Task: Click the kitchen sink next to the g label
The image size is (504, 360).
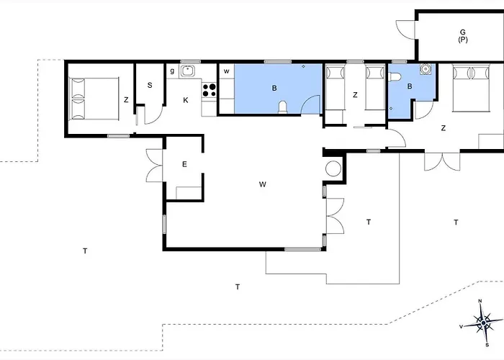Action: click(x=187, y=71)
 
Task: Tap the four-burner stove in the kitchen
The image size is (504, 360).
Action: click(x=210, y=90)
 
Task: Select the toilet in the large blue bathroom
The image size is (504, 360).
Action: click(x=282, y=107)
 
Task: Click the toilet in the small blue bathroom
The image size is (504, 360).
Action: click(x=395, y=77)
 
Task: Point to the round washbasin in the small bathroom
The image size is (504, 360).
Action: click(x=426, y=69)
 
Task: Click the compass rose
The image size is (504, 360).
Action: click(x=483, y=323)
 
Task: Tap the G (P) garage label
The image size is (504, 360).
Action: click(x=463, y=36)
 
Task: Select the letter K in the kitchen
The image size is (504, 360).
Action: click(x=186, y=100)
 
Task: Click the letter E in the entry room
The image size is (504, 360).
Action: click(x=184, y=164)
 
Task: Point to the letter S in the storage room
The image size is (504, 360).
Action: click(x=150, y=85)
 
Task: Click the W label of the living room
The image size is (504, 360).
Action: click(x=263, y=184)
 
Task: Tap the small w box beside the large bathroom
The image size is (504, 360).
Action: click(x=226, y=71)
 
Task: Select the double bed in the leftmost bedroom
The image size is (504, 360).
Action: click(x=94, y=99)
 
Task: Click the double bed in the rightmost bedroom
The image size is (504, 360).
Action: click(x=471, y=88)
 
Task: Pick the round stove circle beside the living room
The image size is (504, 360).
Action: click(x=333, y=168)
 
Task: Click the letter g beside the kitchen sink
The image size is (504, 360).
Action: click(x=172, y=71)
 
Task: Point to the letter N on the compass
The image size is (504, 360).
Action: click(x=480, y=301)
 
